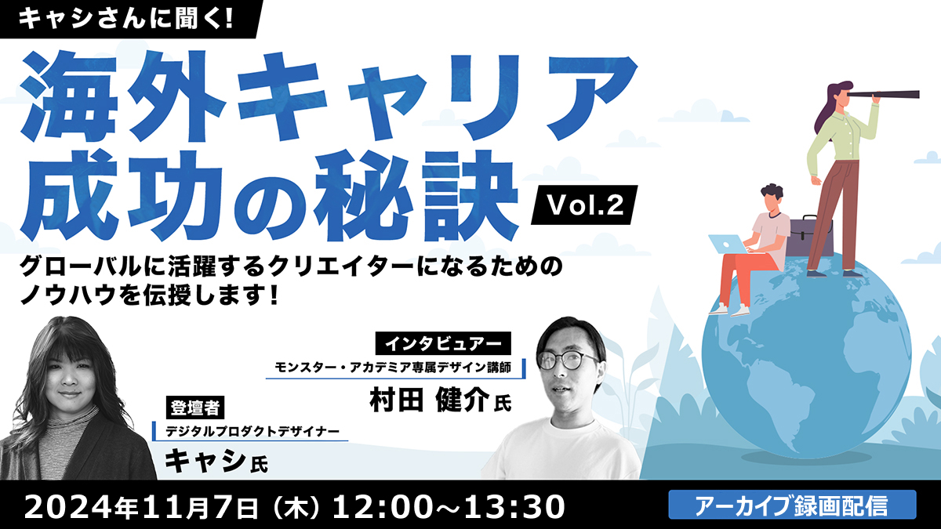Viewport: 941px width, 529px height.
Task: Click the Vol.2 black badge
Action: [x=584, y=205]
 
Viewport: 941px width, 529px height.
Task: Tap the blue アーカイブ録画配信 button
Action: [x=792, y=504]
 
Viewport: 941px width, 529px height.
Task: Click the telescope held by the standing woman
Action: [x=882, y=95]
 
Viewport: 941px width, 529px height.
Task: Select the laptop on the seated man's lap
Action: [x=730, y=245]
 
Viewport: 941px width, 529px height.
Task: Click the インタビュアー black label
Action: [x=443, y=344]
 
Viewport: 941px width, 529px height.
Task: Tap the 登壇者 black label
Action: [x=195, y=408]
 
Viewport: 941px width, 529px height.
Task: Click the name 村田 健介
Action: [x=430, y=399]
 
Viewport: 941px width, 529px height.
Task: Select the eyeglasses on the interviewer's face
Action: [x=567, y=360]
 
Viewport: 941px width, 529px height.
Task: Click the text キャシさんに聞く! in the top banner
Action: [x=125, y=19]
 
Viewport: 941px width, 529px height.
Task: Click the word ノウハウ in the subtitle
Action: [x=68, y=295]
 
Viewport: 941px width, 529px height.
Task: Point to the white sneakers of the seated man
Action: [x=729, y=310]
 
